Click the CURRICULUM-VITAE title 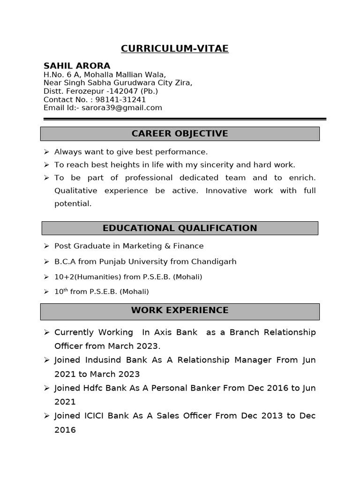point(174,49)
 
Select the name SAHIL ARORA point(77,66)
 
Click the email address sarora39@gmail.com point(122,108)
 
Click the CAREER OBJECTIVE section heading point(180,134)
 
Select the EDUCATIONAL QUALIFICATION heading point(180,228)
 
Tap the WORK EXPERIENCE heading point(180,310)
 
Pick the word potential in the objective point(73,204)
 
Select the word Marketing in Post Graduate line point(141,246)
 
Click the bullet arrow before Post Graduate point(46,246)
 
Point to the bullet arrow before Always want point(46,152)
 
